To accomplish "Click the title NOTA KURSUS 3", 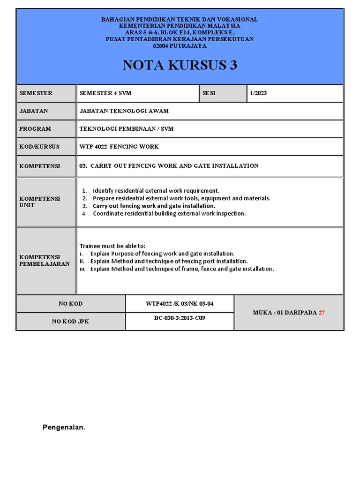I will coord(180,65).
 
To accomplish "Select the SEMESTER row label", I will coord(36,93).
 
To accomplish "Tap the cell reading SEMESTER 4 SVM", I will coord(105,93).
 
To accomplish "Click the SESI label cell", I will coord(209,93).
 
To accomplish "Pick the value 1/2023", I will coord(258,93).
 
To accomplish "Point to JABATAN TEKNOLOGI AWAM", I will coord(124,111).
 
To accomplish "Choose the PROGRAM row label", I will coord(35,128).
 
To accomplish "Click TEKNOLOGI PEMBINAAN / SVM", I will coord(127,128).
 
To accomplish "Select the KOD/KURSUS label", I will coord(40,146).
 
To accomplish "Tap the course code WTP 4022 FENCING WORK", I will coord(119,146).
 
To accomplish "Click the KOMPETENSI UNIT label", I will coord(40,202).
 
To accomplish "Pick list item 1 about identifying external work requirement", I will coord(156,191).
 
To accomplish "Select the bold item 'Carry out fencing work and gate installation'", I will coord(154,206).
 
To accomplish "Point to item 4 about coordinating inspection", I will coord(169,213).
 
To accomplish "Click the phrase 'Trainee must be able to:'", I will coord(112,246).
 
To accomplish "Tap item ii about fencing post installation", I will coord(169,261).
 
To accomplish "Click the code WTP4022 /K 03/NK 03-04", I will coord(180,303).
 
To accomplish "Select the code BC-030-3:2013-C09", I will coord(180,317).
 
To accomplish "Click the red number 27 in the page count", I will coord(322,313).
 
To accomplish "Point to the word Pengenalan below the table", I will coord(64,427).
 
